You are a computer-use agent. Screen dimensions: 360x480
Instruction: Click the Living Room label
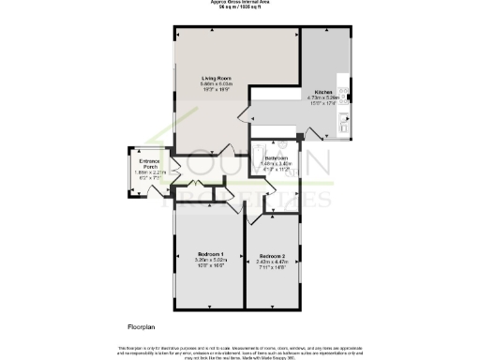[x=217, y=78]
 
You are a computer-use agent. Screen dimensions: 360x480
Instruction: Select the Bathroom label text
[x=276, y=158]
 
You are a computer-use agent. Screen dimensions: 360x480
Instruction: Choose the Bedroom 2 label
[x=271, y=255]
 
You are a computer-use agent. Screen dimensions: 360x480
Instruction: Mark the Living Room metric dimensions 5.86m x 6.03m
[x=217, y=84]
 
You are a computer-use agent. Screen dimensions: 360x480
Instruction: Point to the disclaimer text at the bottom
[x=240, y=351]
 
